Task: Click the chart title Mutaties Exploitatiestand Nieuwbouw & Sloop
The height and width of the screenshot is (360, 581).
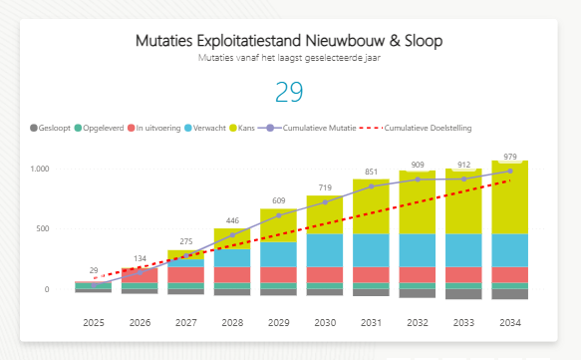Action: [289, 41]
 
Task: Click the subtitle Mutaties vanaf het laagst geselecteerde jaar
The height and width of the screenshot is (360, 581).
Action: [289, 58]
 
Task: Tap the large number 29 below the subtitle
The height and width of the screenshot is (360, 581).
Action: [289, 92]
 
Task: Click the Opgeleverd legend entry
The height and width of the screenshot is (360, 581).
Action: [105, 129]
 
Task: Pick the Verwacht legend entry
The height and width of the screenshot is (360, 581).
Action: [210, 129]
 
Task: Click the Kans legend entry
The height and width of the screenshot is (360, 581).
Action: [250, 129]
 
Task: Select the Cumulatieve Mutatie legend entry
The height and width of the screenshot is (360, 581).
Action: [314, 129]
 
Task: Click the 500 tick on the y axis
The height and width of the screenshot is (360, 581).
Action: [42, 229]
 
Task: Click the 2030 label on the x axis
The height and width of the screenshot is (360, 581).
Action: [324, 322]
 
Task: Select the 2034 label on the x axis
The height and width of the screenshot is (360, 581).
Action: [509, 322]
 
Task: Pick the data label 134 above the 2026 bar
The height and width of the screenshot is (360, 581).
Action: [139, 259]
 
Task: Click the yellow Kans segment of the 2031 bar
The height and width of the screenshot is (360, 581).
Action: [371, 206]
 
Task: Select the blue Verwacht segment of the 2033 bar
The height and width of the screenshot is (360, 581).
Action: [463, 249]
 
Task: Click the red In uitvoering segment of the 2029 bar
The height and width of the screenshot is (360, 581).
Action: [278, 274]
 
